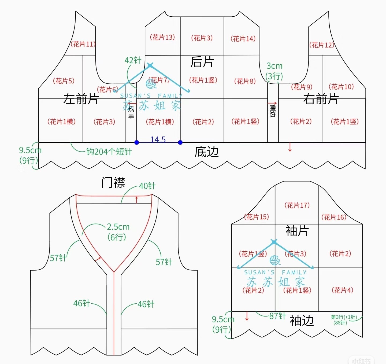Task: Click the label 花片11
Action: pos(83,44)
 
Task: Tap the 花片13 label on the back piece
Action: pos(162,37)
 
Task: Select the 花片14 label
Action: pos(243,39)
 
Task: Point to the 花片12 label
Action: pos(322,45)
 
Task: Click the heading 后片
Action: pos(202,62)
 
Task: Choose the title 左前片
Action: pos(81,99)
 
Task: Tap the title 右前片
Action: pos(321,99)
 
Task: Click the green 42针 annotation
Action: pos(133,60)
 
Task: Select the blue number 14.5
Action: pos(158,139)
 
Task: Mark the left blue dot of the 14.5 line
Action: pos(137,142)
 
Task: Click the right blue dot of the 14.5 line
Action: pos(180,142)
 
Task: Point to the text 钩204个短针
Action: pos(109,152)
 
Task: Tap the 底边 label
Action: pos(206,152)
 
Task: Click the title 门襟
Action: pos(113,183)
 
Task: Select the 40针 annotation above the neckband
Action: pos(147,186)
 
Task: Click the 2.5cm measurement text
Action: pos(118,227)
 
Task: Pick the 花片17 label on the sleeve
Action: pos(297,205)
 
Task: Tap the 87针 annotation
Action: pos(277,316)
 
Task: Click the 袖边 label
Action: pos(302,321)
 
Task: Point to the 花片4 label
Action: pos(342,290)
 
